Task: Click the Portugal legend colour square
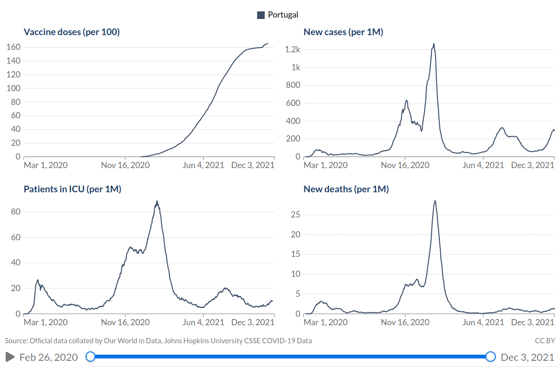click(x=261, y=15)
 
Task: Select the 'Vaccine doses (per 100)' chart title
click(x=72, y=32)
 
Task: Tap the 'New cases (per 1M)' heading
click(x=343, y=32)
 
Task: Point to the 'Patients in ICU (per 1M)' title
click(x=72, y=189)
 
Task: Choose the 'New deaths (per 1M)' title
click(x=346, y=189)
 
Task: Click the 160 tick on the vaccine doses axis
click(x=13, y=47)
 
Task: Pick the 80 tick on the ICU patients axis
click(x=15, y=212)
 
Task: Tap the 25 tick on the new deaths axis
click(x=295, y=215)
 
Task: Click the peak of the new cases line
click(x=434, y=44)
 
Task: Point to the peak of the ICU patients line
click(x=157, y=201)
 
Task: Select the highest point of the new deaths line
click(x=435, y=200)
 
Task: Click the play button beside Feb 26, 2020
click(x=10, y=357)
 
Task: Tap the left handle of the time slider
click(x=90, y=357)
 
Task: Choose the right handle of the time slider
click(x=491, y=357)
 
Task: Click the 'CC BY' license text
click(x=545, y=340)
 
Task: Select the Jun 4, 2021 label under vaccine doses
click(x=204, y=165)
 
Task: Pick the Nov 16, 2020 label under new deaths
click(x=405, y=322)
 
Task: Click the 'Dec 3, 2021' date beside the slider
click(x=527, y=357)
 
